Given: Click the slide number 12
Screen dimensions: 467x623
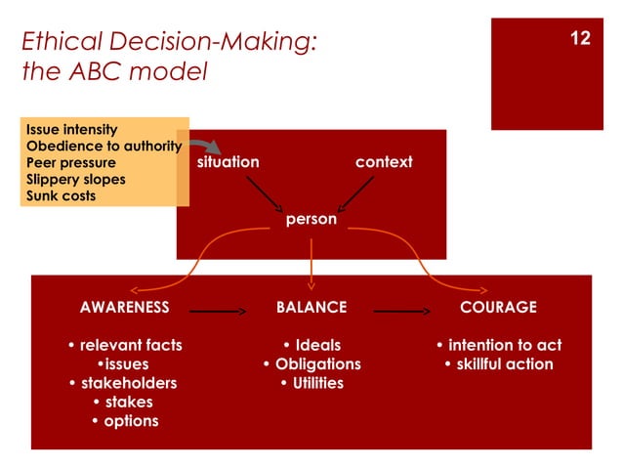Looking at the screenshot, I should coord(580,39).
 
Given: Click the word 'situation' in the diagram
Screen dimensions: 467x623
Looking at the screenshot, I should coord(228,161).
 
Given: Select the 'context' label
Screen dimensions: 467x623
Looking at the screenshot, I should coord(383,161).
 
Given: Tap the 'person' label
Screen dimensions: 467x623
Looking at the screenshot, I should coord(311,220).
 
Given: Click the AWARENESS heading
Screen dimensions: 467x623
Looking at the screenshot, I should coord(124,307).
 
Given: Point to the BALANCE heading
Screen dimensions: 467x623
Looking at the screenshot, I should coord(311,307).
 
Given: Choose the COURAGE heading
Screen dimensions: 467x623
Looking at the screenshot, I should coord(498,307).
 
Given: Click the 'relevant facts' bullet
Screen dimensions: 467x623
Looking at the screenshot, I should coord(125,345).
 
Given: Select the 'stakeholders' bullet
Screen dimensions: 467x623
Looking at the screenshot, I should coord(124,383).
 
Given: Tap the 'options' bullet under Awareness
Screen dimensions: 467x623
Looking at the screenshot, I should coord(124,421).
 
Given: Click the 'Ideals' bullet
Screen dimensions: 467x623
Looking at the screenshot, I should coord(311,345).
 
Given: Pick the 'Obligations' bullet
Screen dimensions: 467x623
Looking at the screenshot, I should coord(311,364).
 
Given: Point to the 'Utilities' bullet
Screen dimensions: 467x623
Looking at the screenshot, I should coord(311,383).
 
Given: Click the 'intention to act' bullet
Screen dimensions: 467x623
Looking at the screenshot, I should coord(498,345).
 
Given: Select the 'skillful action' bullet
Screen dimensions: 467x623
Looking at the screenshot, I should coord(498,364).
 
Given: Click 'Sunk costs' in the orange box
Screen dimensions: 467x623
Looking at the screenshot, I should coord(61,195).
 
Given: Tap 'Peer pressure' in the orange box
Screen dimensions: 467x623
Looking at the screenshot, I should coord(70,162).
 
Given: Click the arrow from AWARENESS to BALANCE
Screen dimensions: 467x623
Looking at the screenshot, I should coord(216,312).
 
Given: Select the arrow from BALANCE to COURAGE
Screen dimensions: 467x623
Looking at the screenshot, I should coord(402,312).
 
